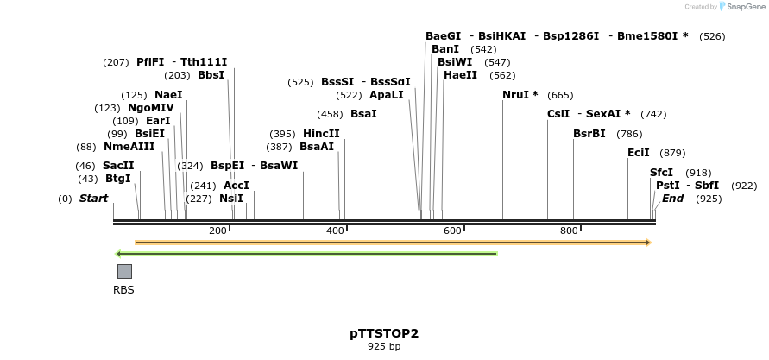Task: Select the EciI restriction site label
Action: [638, 153]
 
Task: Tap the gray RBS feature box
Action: [124, 271]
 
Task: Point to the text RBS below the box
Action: [123, 290]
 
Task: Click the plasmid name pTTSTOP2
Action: [384, 333]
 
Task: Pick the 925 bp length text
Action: [384, 346]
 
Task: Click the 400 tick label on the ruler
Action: [335, 231]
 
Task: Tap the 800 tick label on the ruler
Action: [569, 231]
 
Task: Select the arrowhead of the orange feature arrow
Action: [649, 243]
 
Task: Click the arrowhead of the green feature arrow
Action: [117, 254]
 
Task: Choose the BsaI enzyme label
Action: [363, 114]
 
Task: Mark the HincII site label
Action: [321, 134]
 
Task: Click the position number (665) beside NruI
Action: [560, 95]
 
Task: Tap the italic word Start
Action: [94, 199]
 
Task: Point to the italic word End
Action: [672, 199]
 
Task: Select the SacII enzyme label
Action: [118, 165]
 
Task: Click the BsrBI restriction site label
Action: [589, 134]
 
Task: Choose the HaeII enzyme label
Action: [460, 74]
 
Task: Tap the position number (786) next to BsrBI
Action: [629, 134]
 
